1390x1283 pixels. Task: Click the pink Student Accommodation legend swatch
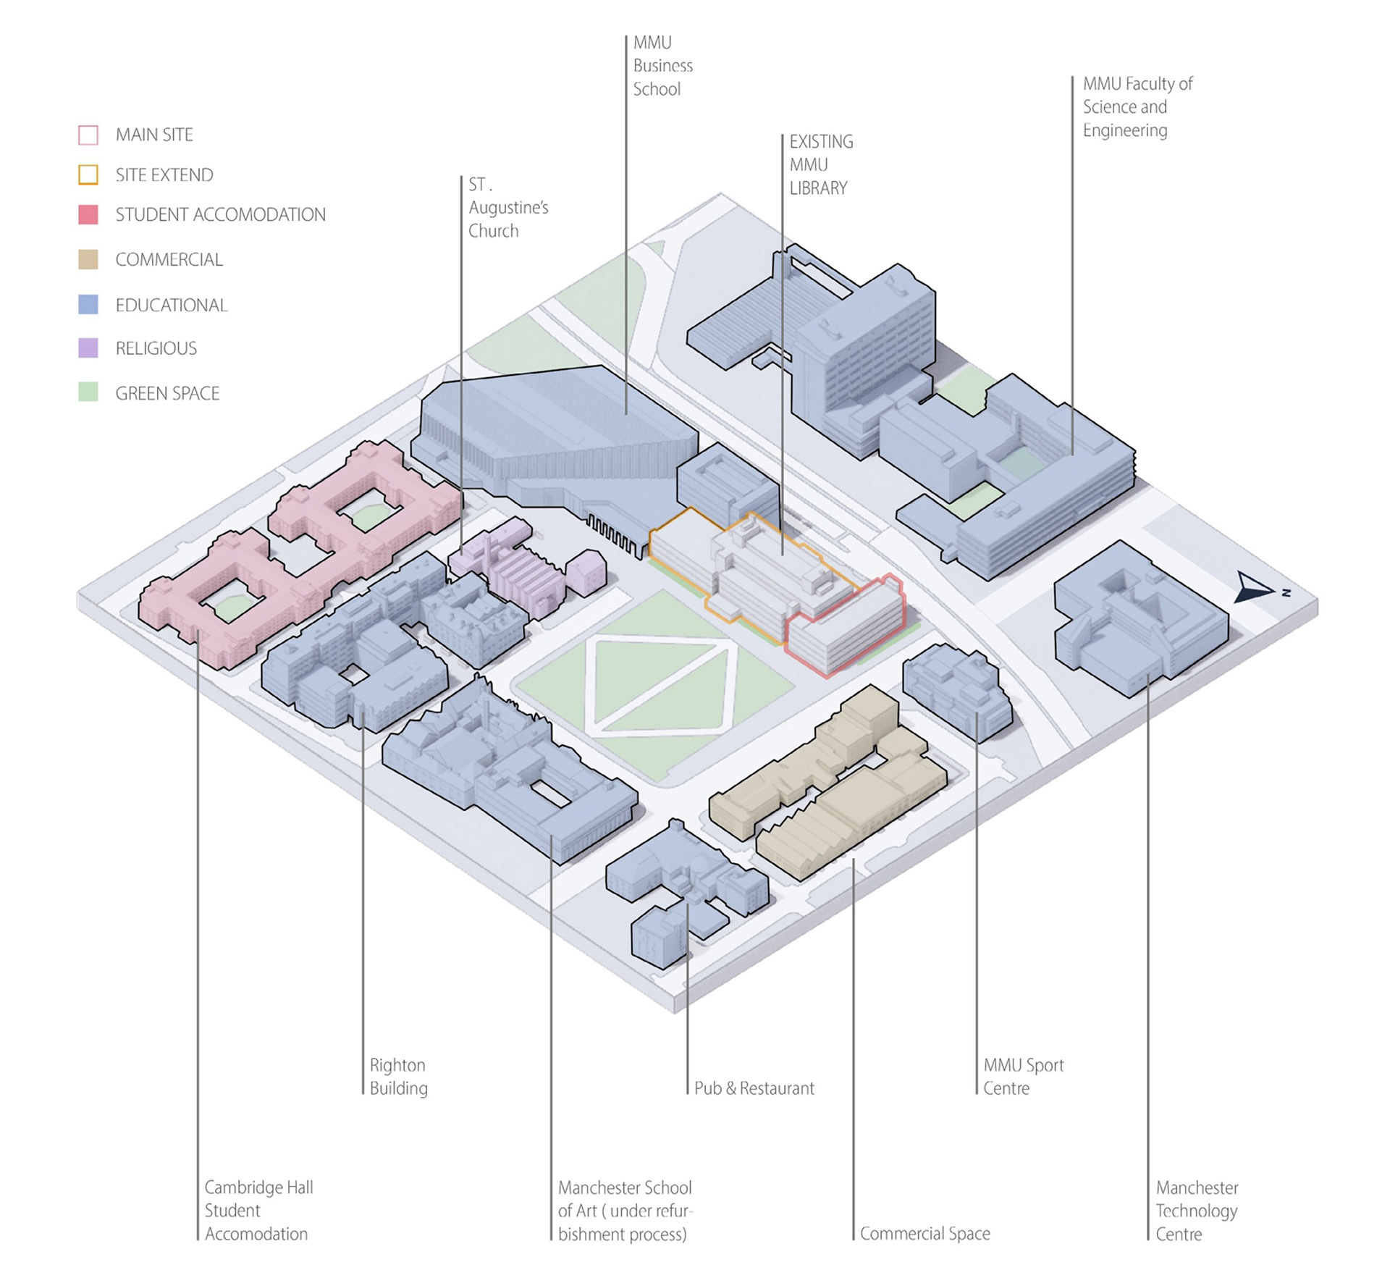point(88,214)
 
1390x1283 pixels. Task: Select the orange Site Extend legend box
point(88,174)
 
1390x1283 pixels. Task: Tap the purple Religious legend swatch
point(88,348)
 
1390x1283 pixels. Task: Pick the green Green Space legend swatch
point(88,392)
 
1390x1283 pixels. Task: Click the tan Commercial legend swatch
point(88,259)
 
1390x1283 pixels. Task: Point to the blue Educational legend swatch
point(88,304)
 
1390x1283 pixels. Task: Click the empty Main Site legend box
point(88,135)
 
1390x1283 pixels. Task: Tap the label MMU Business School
point(662,66)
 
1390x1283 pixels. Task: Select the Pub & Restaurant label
point(754,1088)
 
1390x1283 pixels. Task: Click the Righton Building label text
point(398,1077)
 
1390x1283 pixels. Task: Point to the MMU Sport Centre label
point(1023,1077)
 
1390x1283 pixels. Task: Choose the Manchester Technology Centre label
point(1196,1211)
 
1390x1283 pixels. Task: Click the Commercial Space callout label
point(924,1234)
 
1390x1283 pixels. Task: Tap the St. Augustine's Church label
point(508,208)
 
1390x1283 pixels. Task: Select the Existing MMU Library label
point(821,165)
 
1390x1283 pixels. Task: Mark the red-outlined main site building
point(846,626)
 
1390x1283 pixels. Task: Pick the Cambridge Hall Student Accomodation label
point(258,1211)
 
